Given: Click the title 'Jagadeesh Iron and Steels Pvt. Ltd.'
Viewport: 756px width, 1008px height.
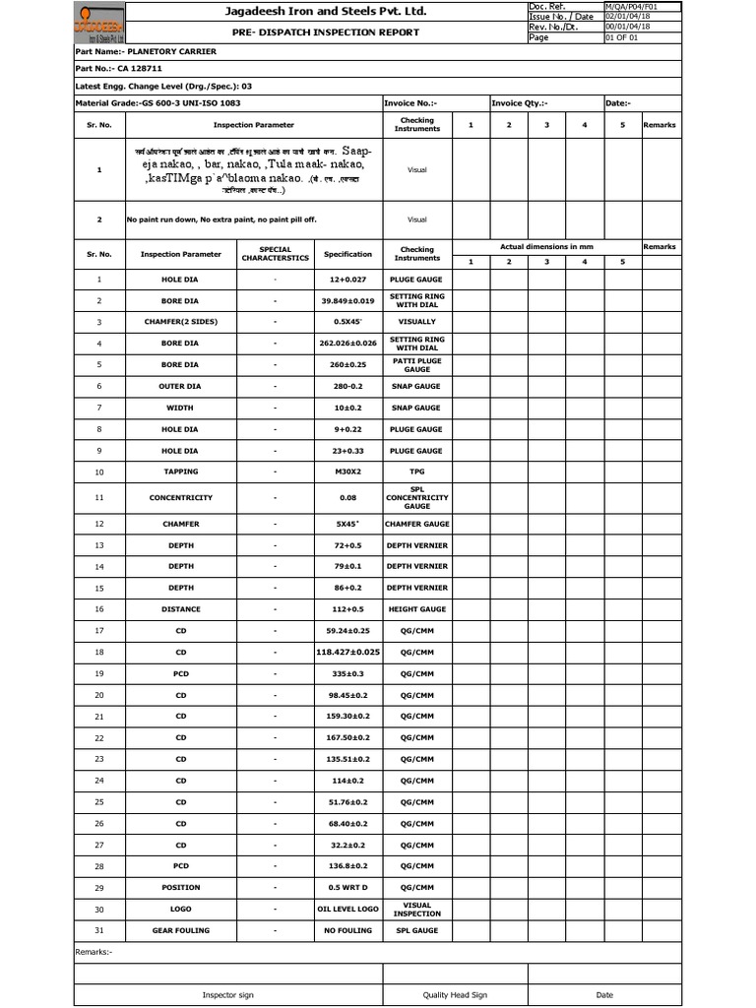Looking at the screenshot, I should coord(310,12).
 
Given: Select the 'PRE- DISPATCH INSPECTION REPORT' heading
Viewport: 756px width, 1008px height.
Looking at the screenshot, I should coord(310,32).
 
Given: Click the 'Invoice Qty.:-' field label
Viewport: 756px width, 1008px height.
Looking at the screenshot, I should coord(520,102).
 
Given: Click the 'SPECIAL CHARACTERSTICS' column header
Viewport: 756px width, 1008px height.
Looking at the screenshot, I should coord(275,254).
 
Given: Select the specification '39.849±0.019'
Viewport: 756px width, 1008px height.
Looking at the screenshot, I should coord(347,300).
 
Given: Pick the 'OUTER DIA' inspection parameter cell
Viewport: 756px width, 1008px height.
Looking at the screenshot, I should coord(180,386).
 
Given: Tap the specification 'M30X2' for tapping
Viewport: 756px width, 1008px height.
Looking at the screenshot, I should coord(347,472).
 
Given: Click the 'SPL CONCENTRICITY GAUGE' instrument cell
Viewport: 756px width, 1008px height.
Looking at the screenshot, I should coord(416,498).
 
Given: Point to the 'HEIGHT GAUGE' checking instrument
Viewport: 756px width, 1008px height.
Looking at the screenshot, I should coord(416,609).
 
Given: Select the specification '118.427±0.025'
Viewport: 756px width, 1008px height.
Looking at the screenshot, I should coord(347,652).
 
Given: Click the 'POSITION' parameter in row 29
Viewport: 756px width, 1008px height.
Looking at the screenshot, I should coord(180,888).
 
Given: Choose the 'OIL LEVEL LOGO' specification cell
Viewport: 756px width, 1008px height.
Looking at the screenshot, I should coord(347,910).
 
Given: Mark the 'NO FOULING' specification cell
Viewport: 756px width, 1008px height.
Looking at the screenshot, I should coord(347,930).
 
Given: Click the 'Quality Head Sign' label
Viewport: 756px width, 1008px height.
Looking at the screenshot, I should coord(455,995).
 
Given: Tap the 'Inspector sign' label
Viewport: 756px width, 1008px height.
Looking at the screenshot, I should coord(227,995).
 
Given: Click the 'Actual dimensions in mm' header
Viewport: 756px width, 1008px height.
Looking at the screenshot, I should coord(546,246).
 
